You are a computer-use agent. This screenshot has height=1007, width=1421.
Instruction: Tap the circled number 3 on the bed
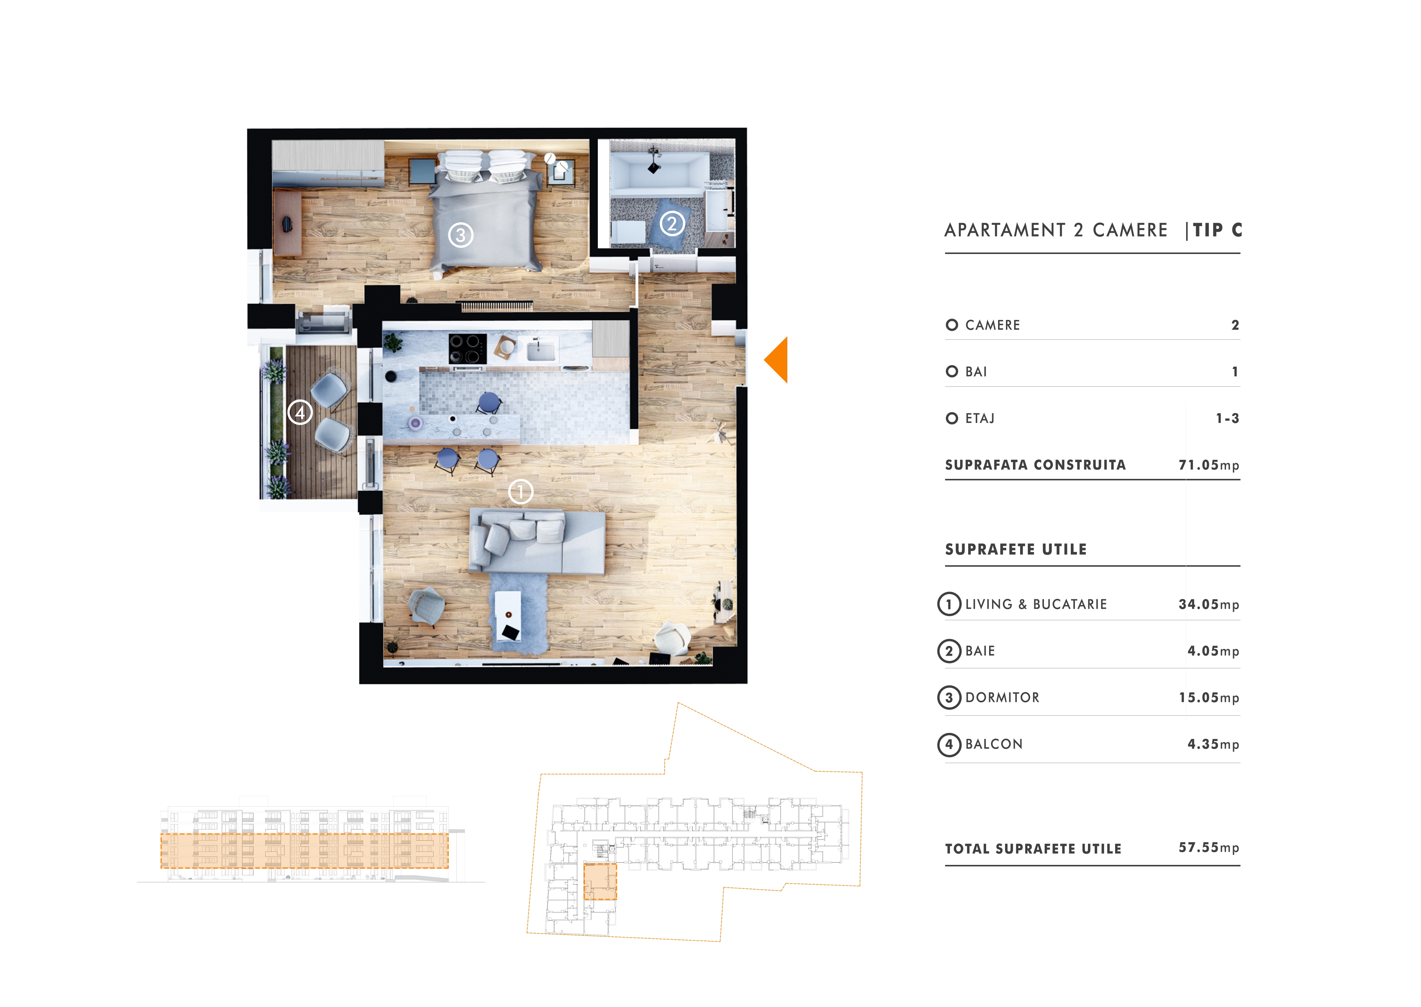[x=461, y=235]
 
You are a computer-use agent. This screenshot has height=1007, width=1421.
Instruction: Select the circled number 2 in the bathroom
[x=672, y=223]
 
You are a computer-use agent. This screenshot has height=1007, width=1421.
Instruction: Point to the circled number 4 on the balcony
[x=300, y=412]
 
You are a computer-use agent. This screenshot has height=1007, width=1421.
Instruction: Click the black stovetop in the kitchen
[x=467, y=348]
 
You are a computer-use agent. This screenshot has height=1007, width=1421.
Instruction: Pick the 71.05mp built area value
[x=1209, y=465]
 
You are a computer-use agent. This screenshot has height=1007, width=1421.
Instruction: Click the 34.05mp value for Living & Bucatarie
[x=1209, y=605]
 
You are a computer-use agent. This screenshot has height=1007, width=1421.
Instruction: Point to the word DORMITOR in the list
[x=1003, y=697]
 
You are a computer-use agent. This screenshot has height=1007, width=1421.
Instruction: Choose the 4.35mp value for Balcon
[x=1213, y=744]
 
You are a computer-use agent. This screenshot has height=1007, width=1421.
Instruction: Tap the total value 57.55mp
[x=1209, y=848]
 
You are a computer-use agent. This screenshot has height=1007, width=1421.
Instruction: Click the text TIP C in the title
[x=1218, y=230]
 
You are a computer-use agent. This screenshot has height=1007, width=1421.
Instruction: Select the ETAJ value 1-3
[x=1227, y=418]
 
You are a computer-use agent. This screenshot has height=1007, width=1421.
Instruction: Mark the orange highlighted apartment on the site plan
[x=600, y=881]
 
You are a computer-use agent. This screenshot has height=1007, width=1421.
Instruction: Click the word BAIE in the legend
[x=980, y=651]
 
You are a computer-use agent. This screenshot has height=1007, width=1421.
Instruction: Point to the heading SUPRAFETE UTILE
[x=1016, y=549]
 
